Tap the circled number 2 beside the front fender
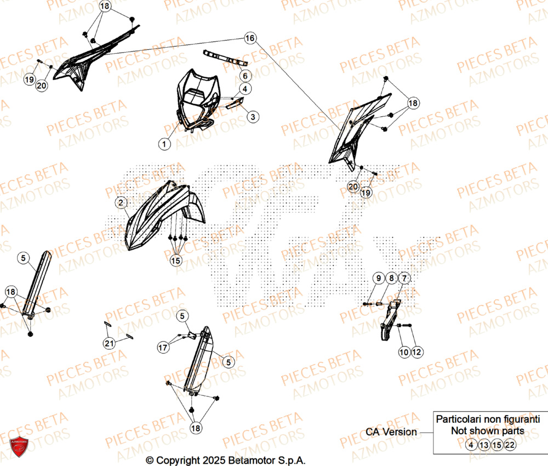[x=121, y=203]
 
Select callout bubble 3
[x=253, y=116]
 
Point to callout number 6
[x=244, y=76]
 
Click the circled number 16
[x=250, y=38]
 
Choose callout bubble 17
[x=163, y=347]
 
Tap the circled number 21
[x=109, y=343]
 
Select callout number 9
[x=378, y=279]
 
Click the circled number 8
[x=391, y=279]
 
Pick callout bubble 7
[x=403, y=279]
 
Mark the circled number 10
[x=404, y=352]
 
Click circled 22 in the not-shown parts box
[x=510, y=445]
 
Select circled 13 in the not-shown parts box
[x=484, y=445]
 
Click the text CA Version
[x=391, y=431]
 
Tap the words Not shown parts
[x=487, y=431]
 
